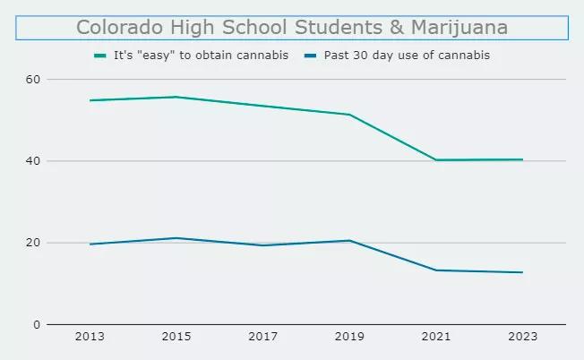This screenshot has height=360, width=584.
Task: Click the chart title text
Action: click(x=292, y=28)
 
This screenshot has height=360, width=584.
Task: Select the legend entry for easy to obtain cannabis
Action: click(x=201, y=56)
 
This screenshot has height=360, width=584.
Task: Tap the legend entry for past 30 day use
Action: click(x=407, y=56)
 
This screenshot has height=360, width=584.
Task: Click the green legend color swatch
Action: click(x=100, y=56)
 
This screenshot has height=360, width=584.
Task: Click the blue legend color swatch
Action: click(x=310, y=56)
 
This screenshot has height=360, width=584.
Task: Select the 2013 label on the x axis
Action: click(x=90, y=338)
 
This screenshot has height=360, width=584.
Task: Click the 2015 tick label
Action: click(x=176, y=338)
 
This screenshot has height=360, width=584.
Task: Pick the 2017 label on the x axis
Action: click(x=262, y=338)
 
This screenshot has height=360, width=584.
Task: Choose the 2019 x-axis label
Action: click(x=349, y=338)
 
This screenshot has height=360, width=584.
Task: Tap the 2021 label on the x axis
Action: click(x=436, y=338)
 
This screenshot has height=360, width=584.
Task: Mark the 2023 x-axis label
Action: click(x=522, y=338)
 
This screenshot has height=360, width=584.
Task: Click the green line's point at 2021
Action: click(x=436, y=160)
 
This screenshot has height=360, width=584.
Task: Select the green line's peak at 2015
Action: click(x=176, y=97)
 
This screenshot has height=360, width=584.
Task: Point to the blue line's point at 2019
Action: click(x=349, y=240)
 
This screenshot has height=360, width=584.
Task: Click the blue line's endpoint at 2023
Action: click(x=522, y=272)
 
